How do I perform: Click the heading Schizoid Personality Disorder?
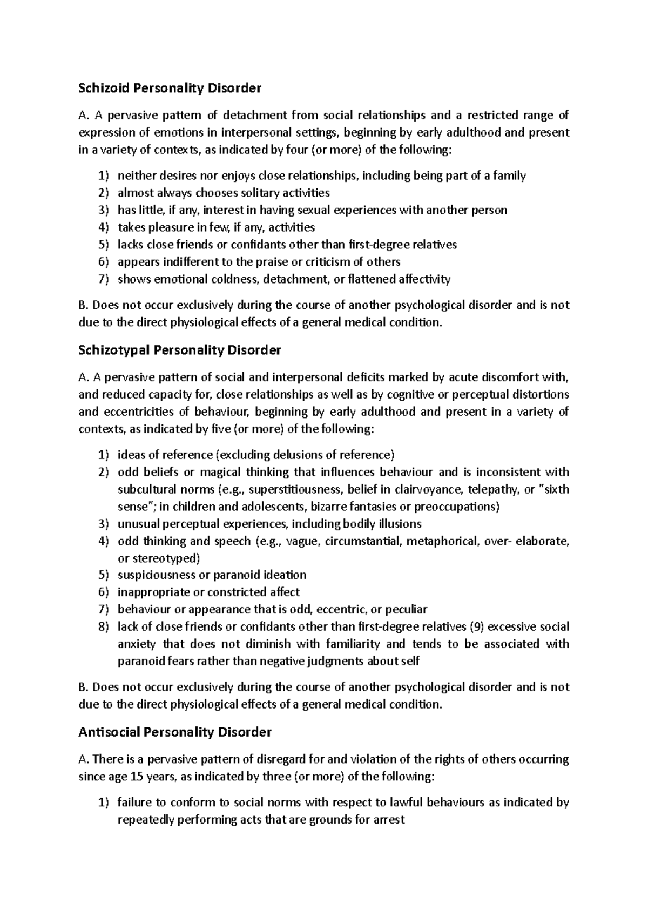pyautogui.click(x=170, y=88)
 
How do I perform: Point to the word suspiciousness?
pyautogui.click(x=157, y=575)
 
